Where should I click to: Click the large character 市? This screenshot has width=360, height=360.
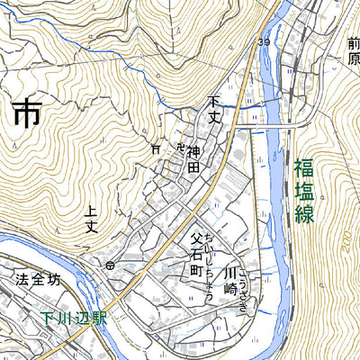(x=28, y=114)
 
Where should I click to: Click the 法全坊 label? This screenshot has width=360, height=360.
(x=39, y=280)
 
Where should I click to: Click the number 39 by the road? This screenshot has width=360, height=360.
(x=264, y=42)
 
